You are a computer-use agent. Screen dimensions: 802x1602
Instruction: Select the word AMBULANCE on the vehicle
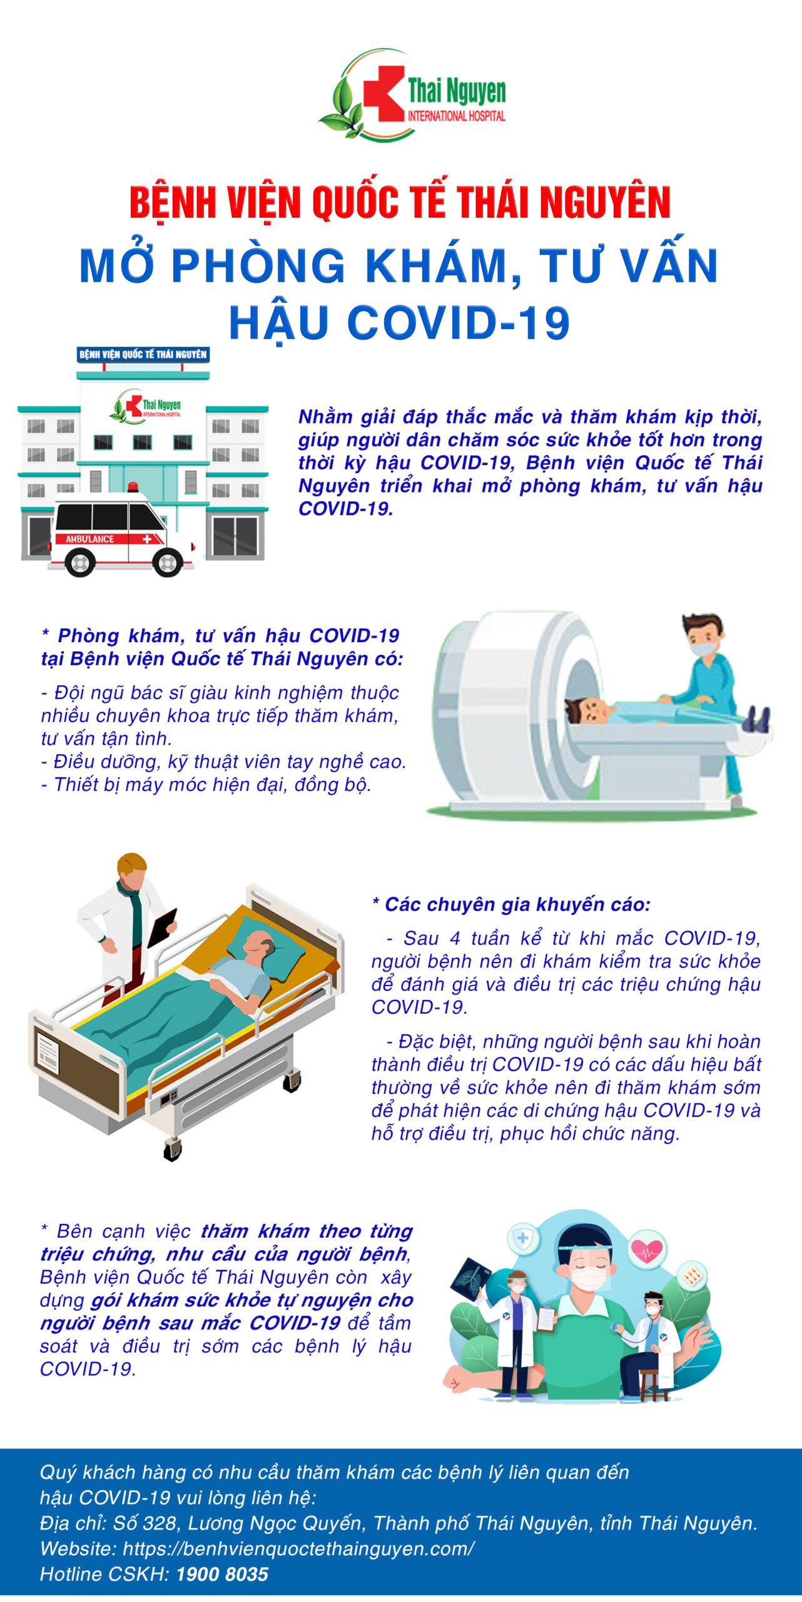(x=90, y=539)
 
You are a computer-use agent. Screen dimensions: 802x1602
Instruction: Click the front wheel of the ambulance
(x=168, y=563)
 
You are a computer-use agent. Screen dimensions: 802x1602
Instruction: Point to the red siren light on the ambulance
(x=132, y=487)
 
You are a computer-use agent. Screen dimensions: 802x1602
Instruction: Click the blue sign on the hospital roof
(x=143, y=354)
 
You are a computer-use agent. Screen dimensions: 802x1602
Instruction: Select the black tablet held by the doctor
(x=161, y=927)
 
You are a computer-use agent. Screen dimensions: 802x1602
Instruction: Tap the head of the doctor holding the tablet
(x=131, y=868)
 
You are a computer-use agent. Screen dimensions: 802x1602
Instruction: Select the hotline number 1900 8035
(x=222, y=1574)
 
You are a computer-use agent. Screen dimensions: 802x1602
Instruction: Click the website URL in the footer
(x=298, y=1549)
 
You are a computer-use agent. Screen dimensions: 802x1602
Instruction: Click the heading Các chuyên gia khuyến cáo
(x=511, y=904)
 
